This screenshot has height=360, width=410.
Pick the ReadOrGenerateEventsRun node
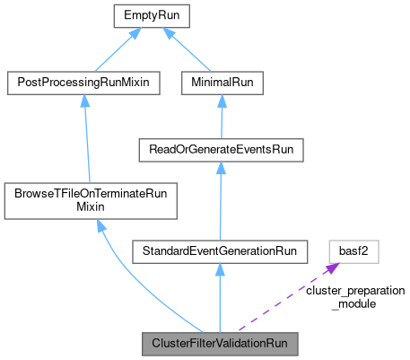[220, 150]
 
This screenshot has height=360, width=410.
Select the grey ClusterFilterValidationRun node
[220, 344]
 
